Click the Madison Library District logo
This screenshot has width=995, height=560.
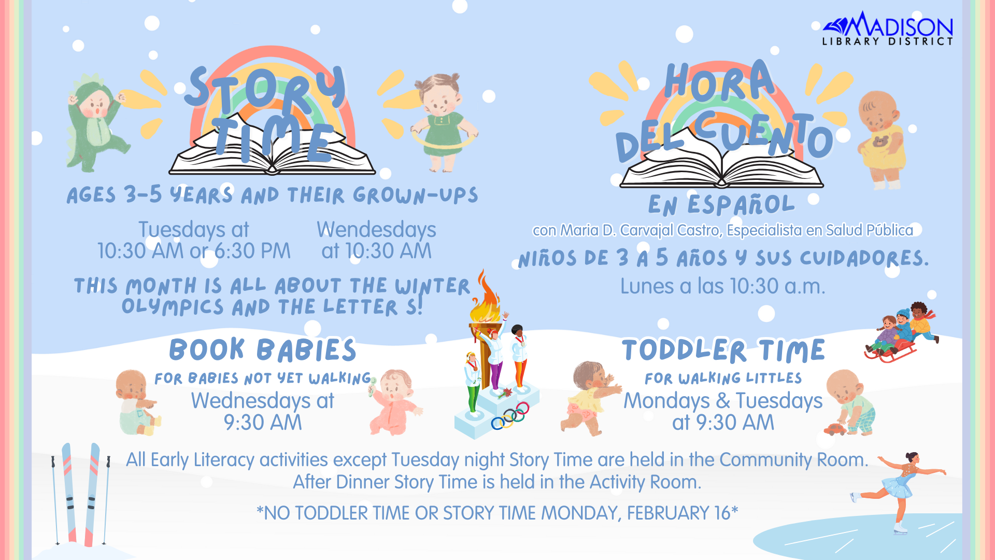pos(887,29)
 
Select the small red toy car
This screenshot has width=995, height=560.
pos(834,429)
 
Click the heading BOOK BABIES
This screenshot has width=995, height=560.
pos(263,350)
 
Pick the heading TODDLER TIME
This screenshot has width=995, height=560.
pos(723,351)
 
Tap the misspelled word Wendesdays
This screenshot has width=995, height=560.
pos(376,230)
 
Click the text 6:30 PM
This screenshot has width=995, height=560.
pos(252,251)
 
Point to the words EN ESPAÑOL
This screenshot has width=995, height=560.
pos(721,205)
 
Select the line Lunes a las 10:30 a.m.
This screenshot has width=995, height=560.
pos(722,286)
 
